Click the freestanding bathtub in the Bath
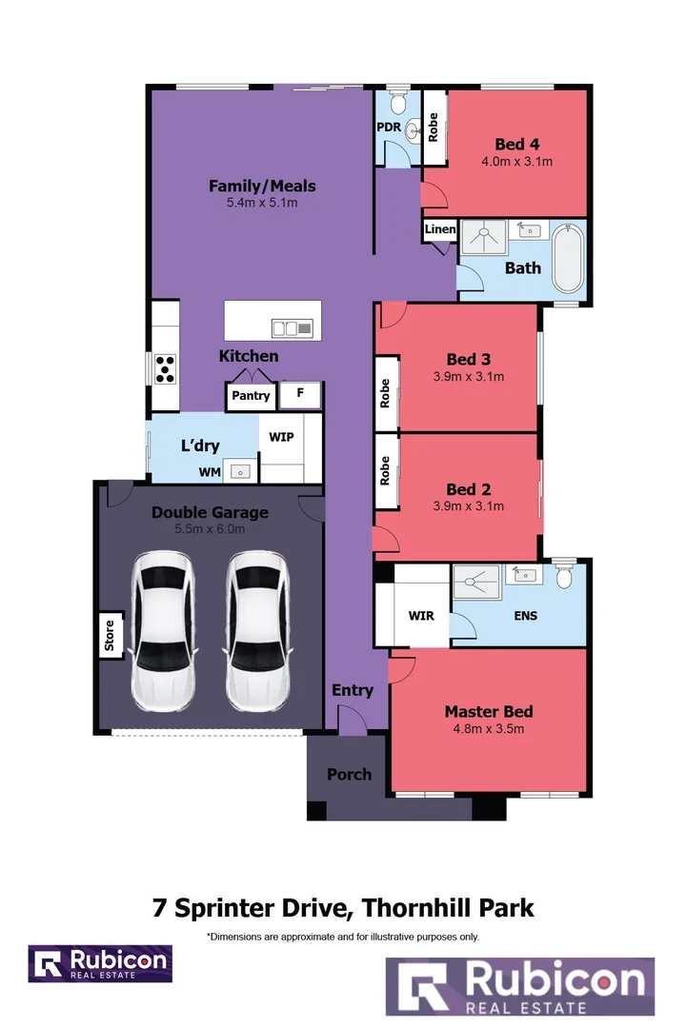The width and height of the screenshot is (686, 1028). point(568,259)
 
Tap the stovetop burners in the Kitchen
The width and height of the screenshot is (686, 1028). point(165,368)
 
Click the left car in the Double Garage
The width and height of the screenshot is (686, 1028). point(164,631)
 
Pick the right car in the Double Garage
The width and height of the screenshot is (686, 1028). point(257,631)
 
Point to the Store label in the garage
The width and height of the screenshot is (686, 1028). point(110,635)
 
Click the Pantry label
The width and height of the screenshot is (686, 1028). point(251,395)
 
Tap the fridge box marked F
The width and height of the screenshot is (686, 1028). point(300,395)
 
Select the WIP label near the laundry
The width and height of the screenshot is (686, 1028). point(282,437)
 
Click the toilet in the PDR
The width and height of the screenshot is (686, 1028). point(398,102)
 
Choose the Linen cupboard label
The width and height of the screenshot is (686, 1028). point(440,228)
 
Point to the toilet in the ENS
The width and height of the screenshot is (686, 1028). point(564,574)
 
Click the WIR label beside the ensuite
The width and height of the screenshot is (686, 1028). point(421,616)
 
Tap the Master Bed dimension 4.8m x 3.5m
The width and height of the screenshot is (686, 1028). point(489,728)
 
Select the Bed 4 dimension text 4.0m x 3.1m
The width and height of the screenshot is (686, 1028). point(516,161)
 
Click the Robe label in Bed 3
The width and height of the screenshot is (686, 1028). point(385,393)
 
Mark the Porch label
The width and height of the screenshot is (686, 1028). point(350,774)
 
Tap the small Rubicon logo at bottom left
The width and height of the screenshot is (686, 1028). point(100,963)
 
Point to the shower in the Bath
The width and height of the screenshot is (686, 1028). point(484,237)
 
